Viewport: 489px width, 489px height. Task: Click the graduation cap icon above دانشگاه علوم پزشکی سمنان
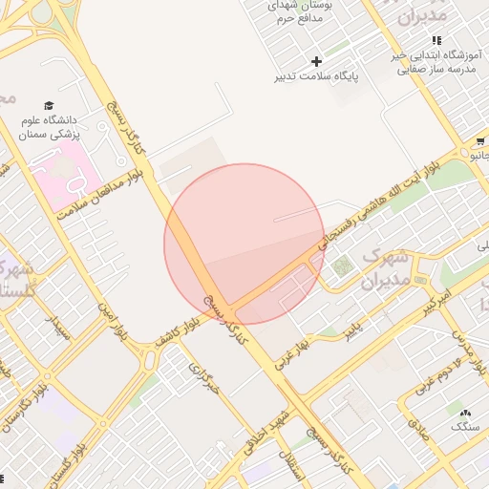click(x=49, y=106)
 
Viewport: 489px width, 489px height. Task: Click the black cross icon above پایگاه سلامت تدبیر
click(x=317, y=61)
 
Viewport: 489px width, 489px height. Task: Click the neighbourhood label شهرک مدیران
click(x=386, y=269)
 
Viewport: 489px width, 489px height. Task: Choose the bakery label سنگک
click(x=464, y=426)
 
